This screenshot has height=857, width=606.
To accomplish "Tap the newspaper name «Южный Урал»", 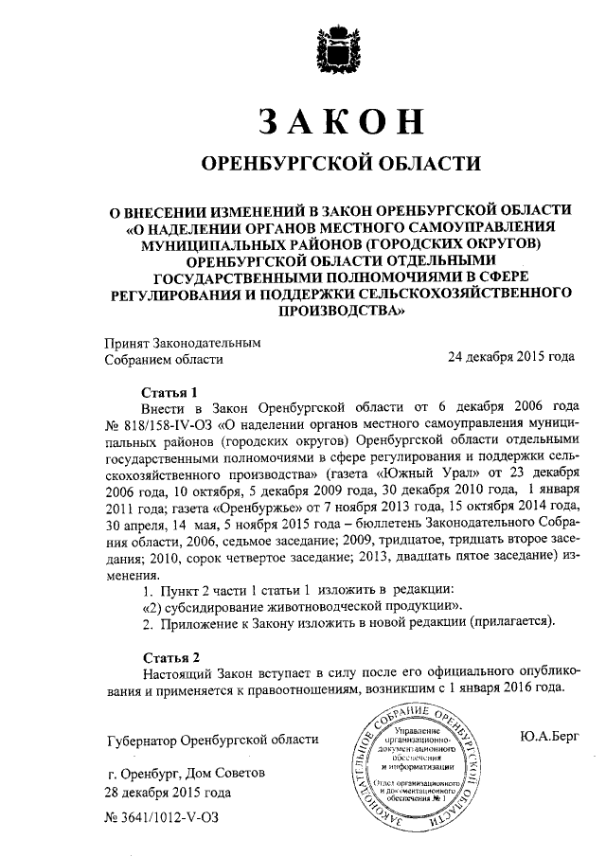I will point(444,471).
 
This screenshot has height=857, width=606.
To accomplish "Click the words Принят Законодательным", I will point(181,342).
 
